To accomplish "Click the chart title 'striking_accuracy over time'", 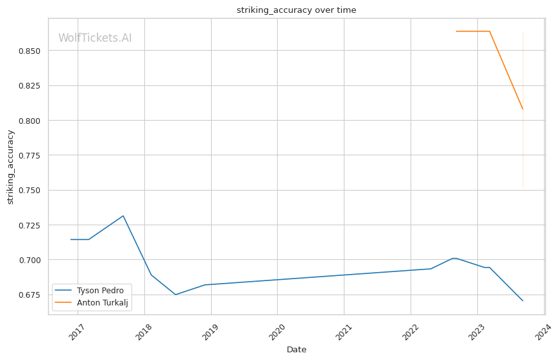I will (x=296, y=10).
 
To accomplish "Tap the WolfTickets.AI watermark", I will (x=95, y=38).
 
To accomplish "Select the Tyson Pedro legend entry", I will (x=100, y=291).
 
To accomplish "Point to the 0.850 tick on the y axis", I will (x=29, y=51).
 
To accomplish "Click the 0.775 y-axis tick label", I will (x=29, y=155).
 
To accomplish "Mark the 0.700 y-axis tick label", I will (x=29, y=260).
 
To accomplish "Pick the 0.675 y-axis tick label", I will (x=29, y=295).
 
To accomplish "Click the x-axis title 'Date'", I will (x=296, y=350).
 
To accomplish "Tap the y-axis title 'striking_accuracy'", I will (x=10, y=167).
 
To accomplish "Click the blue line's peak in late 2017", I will (x=123, y=216).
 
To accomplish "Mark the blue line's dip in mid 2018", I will (x=176, y=295).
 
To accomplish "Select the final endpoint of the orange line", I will (x=523, y=109).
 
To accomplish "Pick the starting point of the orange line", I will (x=456, y=31).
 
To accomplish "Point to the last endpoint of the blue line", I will (x=523, y=300).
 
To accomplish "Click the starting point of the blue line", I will (x=71, y=239).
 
